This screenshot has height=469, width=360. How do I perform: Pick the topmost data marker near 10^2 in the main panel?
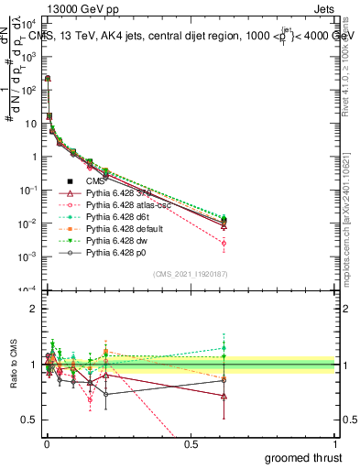click(x=47, y=79)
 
